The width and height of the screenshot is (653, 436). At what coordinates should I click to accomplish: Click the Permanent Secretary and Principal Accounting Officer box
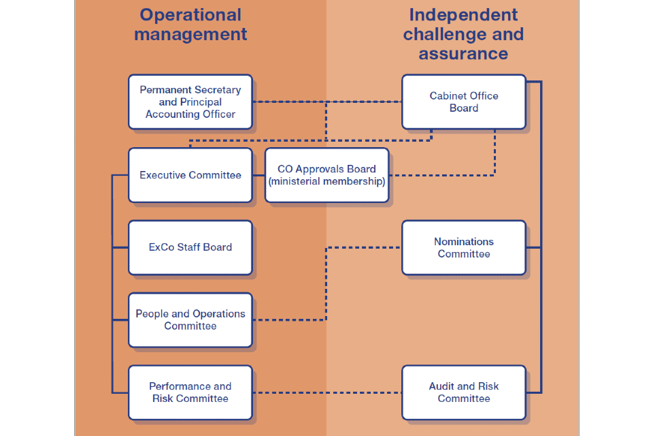(x=190, y=102)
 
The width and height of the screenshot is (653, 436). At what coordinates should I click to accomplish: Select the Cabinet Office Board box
(x=463, y=102)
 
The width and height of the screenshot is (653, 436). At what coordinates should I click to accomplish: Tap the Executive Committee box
(x=190, y=175)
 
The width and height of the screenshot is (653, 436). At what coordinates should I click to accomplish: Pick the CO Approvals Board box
(x=326, y=175)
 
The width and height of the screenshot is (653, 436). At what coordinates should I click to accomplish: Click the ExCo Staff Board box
(x=190, y=247)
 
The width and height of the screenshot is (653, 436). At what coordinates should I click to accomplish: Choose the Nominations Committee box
(x=463, y=247)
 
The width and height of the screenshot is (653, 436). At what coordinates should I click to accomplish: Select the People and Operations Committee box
(x=190, y=320)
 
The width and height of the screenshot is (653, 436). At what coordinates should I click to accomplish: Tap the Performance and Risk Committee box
(x=190, y=392)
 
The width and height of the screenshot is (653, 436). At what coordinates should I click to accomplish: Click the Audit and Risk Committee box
(x=463, y=392)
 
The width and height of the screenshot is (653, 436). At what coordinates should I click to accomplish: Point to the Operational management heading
(x=190, y=25)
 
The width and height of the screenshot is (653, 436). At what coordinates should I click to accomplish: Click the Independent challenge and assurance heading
(x=463, y=34)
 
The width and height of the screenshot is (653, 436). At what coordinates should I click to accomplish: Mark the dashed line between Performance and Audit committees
(x=326, y=392)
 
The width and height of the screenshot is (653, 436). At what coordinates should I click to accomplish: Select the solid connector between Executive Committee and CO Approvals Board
(x=258, y=175)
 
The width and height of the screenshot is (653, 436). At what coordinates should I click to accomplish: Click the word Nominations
(x=464, y=241)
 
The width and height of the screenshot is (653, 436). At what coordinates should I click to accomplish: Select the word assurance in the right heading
(x=463, y=54)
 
